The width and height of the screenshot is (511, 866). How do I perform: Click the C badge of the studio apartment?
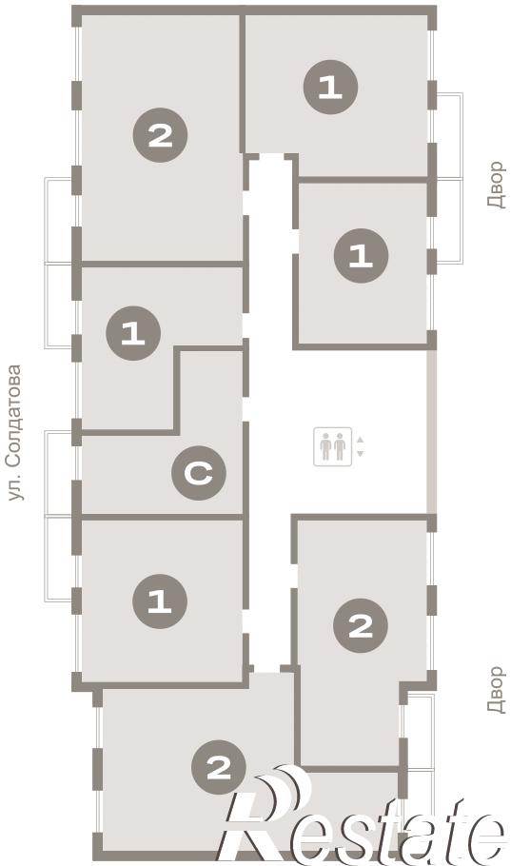pos(199,473)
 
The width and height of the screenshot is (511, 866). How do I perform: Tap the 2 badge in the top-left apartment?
pos(160,135)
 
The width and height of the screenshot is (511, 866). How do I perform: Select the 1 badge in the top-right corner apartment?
pos(331,88)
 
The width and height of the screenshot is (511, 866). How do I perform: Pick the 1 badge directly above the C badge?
pos(133,333)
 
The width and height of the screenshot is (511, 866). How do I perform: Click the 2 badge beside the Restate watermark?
pos(219,767)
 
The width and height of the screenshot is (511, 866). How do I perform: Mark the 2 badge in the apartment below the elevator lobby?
pos(361,626)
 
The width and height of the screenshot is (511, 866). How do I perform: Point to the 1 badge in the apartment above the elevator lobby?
pos(362,256)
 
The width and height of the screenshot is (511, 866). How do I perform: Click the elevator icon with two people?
pos(332,446)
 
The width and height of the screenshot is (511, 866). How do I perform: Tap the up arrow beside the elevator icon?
pos(361,440)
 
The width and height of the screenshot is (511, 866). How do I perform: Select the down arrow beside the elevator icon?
pos(361,453)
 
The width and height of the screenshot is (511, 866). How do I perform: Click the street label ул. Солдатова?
pos(16,432)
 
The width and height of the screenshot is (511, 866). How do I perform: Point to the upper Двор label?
pos(496,185)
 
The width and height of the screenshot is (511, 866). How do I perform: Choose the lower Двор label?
pos(496,690)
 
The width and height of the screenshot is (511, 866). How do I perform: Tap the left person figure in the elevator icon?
pos(326,446)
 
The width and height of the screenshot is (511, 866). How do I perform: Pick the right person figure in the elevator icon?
pos(340,446)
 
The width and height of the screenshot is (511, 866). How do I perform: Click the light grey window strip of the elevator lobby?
pos(432,432)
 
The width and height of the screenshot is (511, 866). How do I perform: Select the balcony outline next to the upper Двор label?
pos(448,178)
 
